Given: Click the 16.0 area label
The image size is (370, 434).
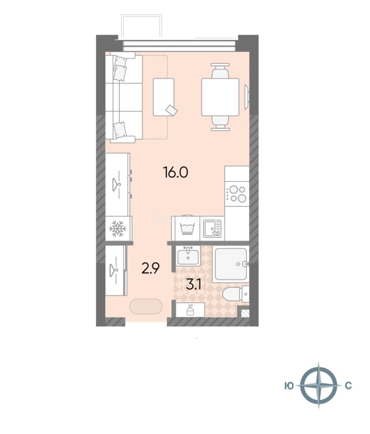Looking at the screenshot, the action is point(176,172).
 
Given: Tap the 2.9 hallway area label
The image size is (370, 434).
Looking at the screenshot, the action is point(150,268).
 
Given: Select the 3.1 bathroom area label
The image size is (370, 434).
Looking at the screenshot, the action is point(193,285).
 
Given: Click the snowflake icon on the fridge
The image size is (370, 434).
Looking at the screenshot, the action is point(118,229).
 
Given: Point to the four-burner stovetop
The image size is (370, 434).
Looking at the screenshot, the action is point(237,194).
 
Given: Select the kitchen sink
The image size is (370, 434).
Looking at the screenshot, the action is point(212,228).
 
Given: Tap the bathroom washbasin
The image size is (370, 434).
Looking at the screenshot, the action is point(188,256).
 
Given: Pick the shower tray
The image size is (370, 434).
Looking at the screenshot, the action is point(231,264).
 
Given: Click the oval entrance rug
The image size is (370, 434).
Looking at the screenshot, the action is point(146,306).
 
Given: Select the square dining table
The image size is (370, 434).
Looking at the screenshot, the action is point(220,97).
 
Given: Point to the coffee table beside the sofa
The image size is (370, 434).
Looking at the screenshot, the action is point(164,97).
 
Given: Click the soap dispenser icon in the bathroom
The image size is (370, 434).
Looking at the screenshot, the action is point(190,310).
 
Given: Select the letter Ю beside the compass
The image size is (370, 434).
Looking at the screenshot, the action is point(289,385).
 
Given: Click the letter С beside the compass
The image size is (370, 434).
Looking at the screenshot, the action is point(348,385).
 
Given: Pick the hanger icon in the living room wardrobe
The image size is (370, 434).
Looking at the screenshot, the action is point(117,184).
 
